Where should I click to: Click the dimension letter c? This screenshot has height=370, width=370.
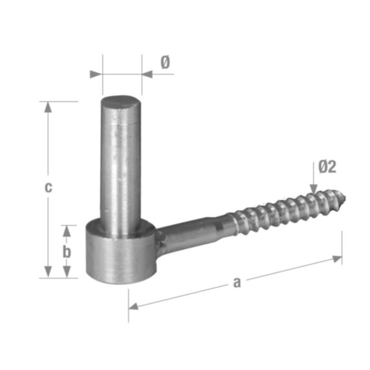pos(48,187)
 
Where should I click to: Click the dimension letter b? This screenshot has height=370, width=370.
pos(67,252)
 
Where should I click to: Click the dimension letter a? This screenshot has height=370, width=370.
pos(237,282)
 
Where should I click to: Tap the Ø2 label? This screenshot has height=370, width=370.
pos(327,167)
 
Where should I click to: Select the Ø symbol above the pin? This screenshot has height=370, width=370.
pos(165,63)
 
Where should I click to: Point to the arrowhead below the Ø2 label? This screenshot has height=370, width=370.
pos(314,189)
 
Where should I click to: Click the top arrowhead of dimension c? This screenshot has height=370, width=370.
pos(48,107)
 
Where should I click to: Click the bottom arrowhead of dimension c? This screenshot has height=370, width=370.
pos(48,272)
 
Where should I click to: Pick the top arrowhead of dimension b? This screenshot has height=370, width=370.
pos(67,231)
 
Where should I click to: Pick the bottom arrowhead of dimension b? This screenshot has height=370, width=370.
pos(67,272)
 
